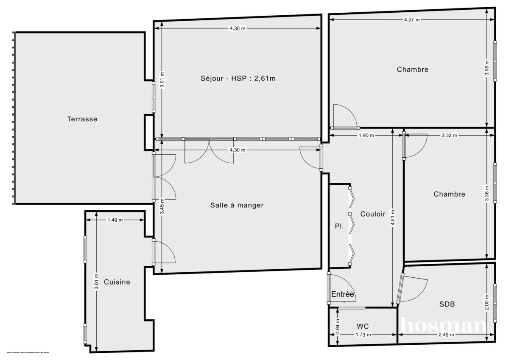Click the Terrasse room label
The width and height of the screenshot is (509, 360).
(82, 119)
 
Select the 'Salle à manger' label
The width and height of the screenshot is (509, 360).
(237, 205)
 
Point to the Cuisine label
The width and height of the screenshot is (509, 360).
(117, 282)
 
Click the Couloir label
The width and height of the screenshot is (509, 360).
(373, 214)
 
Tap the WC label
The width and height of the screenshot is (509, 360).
(363, 326)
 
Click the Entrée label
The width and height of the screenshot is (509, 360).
(342, 294)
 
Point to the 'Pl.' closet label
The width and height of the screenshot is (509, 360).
(339, 226)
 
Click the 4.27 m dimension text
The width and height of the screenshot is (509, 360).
(412, 20)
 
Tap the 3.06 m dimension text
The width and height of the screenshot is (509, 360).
(487, 68)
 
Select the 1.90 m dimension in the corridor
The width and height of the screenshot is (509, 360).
(366, 136)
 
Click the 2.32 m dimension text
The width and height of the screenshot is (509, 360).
(450, 136)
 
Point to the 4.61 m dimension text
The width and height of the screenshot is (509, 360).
(393, 218)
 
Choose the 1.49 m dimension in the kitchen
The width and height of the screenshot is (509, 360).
(115, 220)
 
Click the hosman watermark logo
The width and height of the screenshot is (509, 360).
(443, 326)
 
